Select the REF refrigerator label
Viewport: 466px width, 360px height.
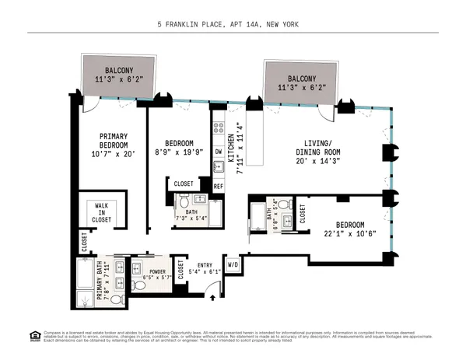tap(219, 187)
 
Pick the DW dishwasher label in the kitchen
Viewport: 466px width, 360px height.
tap(218, 151)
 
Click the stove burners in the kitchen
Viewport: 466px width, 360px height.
tap(219, 126)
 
